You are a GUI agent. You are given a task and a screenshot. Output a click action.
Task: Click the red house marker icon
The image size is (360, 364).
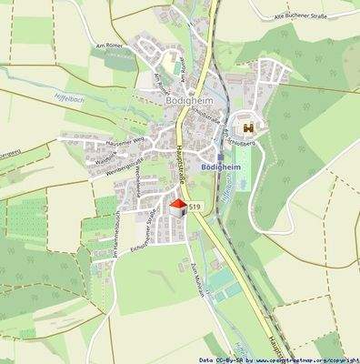coord(178,208)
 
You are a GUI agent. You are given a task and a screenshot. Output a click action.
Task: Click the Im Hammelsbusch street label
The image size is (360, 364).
coord(115,236)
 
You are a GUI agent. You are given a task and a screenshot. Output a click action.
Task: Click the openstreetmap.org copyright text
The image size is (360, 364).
coord(296,359)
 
